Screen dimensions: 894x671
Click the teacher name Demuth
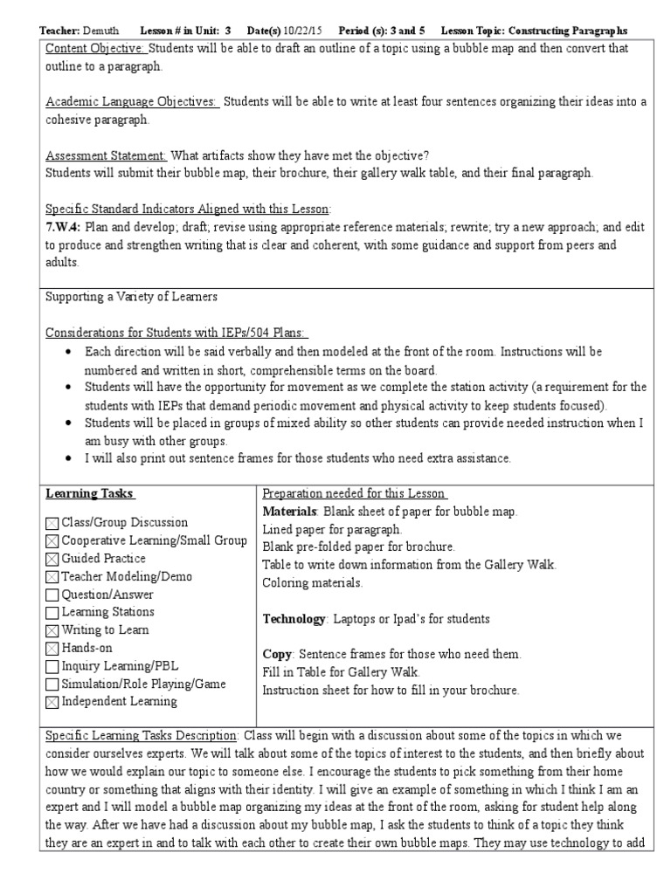click(x=105, y=31)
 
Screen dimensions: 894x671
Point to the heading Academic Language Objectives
click(x=131, y=102)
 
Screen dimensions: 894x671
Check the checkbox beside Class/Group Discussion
click(x=52, y=524)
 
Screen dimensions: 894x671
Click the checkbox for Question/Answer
click(x=52, y=595)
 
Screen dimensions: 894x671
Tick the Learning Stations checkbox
click(x=52, y=613)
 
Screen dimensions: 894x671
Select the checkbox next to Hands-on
click(x=52, y=649)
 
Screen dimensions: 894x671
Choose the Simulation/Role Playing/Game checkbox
click(x=52, y=684)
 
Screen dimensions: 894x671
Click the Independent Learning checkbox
click(x=52, y=702)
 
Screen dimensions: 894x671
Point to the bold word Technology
click(x=294, y=619)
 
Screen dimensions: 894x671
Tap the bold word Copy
click(x=277, y=655)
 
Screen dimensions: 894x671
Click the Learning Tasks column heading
click(x=89, y=494)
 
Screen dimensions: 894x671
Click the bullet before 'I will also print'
click(x=68, y=458)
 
